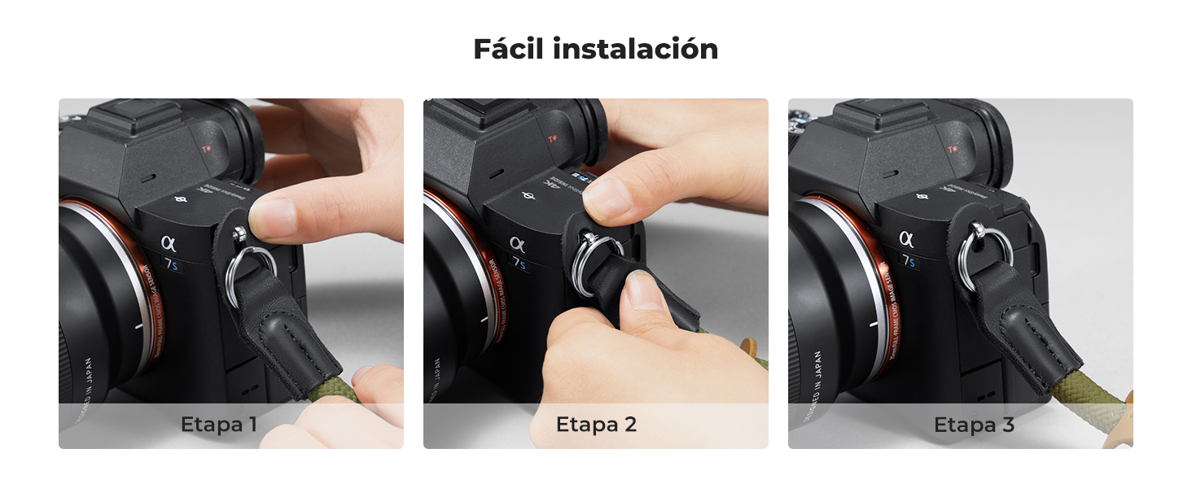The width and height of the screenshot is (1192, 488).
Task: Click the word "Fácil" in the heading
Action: coord(508,49)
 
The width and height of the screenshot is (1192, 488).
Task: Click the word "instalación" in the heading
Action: coord(635,49)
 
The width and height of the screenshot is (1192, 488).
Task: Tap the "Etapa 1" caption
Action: coord(219,425)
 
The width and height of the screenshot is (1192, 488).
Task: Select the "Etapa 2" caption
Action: coord(596,425)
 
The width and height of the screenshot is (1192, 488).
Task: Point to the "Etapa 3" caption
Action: coord(974,425)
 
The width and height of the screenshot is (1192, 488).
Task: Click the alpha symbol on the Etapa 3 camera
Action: coord(906,238)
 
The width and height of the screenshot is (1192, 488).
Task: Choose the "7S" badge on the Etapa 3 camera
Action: coord(909,261)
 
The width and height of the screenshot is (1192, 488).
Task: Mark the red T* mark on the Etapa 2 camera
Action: coord(553,139)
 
